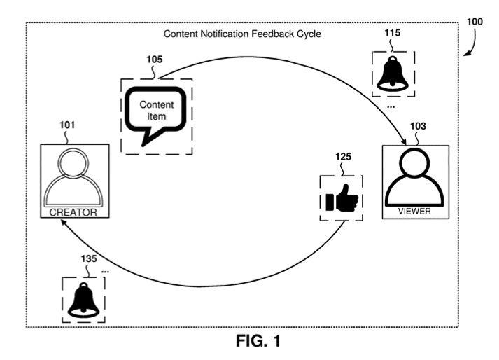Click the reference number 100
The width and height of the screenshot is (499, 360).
(475, 21)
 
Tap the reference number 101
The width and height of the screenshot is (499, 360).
(67, 126)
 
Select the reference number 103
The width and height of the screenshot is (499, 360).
(418, 126)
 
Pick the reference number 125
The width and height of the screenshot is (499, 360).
(343, 157)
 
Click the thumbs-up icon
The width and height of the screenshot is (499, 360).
(341, 200)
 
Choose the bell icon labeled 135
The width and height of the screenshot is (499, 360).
(83, 300)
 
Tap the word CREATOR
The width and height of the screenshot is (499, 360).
(73, 212)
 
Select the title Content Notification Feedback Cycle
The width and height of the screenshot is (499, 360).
(241, 34)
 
